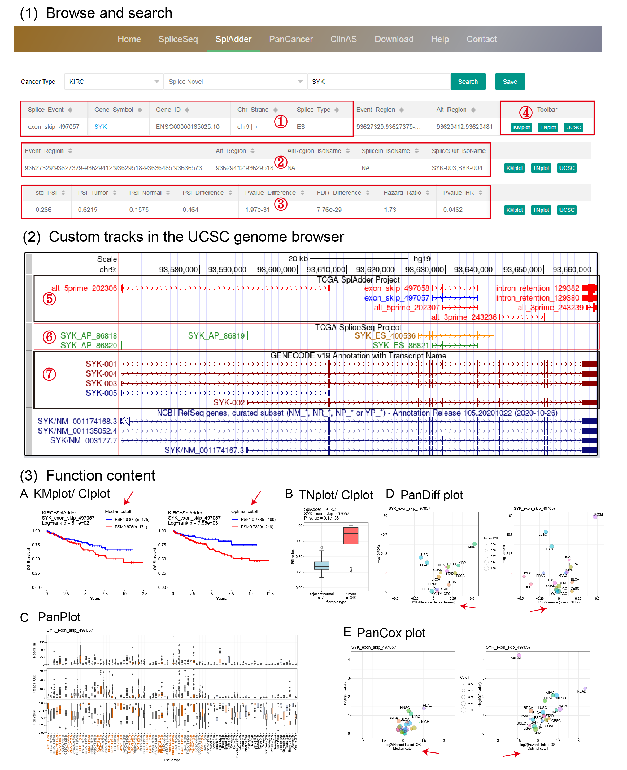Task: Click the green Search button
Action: click(467, 82)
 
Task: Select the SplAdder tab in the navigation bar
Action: click(233, 39)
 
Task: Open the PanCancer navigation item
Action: click(291, 39)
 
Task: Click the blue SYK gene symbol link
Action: click(101, 127)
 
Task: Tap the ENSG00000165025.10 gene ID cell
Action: click(188, 127)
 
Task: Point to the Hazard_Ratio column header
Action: click(402, 193)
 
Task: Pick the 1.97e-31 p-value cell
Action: click(257, 210)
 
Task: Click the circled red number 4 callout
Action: click(525, 113)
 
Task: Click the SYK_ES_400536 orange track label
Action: click(385, 336)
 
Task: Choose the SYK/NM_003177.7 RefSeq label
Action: click(84, 440)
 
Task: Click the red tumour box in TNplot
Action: click(350, 535)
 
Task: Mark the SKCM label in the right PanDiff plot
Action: click(598, 514)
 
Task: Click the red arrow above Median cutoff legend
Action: click(129, 498)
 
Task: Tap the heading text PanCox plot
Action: click(390, 633)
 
